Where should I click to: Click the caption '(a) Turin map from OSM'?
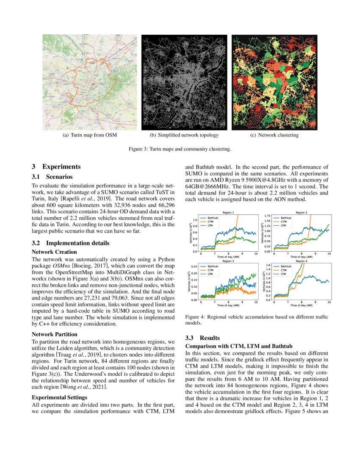[x=89, y=135]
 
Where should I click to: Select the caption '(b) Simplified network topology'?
[x=184, y=135]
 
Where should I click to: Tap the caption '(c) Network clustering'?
[x=274, y=135]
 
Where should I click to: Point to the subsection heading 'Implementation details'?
[x=72, y=243]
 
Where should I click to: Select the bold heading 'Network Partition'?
[x=53, y=334]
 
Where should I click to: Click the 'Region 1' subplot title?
[x=228, y=212]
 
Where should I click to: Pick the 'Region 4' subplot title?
[x=302, y=261]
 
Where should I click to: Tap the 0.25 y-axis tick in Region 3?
[x=195, y=266]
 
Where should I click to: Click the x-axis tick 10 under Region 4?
[x=329, y=302]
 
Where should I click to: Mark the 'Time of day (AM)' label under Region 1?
[x=228, y=257]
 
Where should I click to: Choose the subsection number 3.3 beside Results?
[x=191, y=338]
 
